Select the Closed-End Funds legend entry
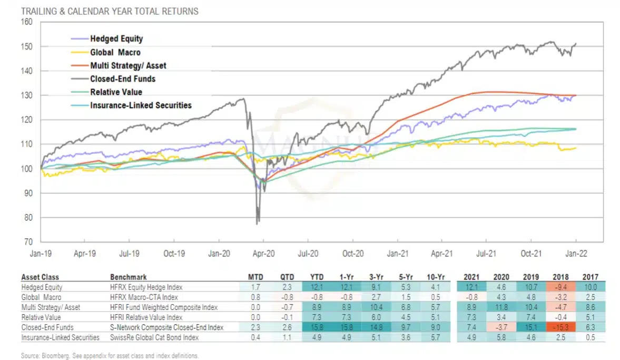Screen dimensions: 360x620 coord(122,79)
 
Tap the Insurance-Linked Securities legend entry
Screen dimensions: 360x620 coord(140,105)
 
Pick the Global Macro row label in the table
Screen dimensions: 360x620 coord(40,298)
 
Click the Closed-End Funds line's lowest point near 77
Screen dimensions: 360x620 coord(257,224)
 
